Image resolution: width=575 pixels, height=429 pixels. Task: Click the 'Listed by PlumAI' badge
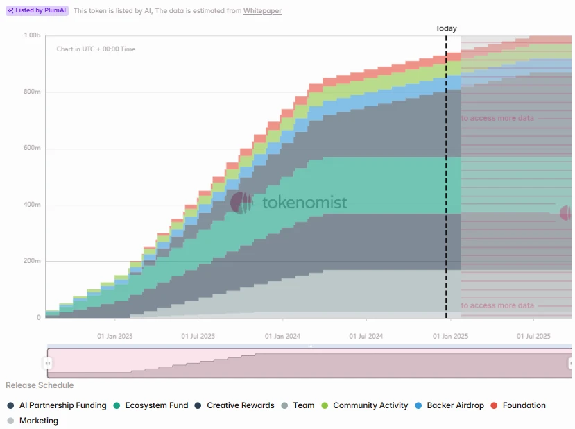coord(37,11)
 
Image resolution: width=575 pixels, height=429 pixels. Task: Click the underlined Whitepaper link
coord(262,11)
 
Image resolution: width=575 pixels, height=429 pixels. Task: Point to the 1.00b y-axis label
coord(32,35)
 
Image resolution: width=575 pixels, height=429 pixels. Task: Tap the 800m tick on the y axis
coord(32,92)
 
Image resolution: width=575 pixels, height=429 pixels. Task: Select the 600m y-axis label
coord(32,148)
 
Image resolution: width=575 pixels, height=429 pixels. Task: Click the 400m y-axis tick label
coord(32,205)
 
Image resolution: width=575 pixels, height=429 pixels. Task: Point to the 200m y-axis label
coord(32,261)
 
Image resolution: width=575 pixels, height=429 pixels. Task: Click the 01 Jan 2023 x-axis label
coord(114,336)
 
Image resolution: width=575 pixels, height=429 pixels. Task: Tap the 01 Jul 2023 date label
coord(198,336)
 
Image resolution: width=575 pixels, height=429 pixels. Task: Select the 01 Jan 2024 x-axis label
coord(283,336)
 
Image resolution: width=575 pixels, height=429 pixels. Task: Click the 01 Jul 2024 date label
coord(366,336)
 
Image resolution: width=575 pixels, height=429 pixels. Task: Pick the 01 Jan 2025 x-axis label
coord(451,336)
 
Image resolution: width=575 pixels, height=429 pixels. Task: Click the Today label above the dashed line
coord(447,28)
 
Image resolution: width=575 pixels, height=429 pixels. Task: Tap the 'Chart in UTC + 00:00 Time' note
coord(96,49)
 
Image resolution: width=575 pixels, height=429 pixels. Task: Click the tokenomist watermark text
coord(304,203)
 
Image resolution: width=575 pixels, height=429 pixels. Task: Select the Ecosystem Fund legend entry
coord(156,405)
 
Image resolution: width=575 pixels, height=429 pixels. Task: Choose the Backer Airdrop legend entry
coord(455,405)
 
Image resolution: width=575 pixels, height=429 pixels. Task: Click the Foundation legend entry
coord(524,405)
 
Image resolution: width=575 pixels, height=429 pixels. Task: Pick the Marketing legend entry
coord(38,421)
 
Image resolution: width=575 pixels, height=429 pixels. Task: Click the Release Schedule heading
coord(40,385)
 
